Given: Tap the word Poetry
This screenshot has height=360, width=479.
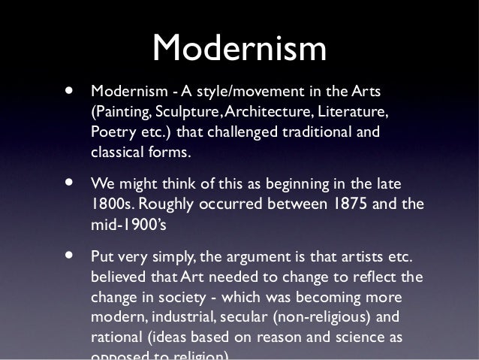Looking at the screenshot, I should [110, 133].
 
